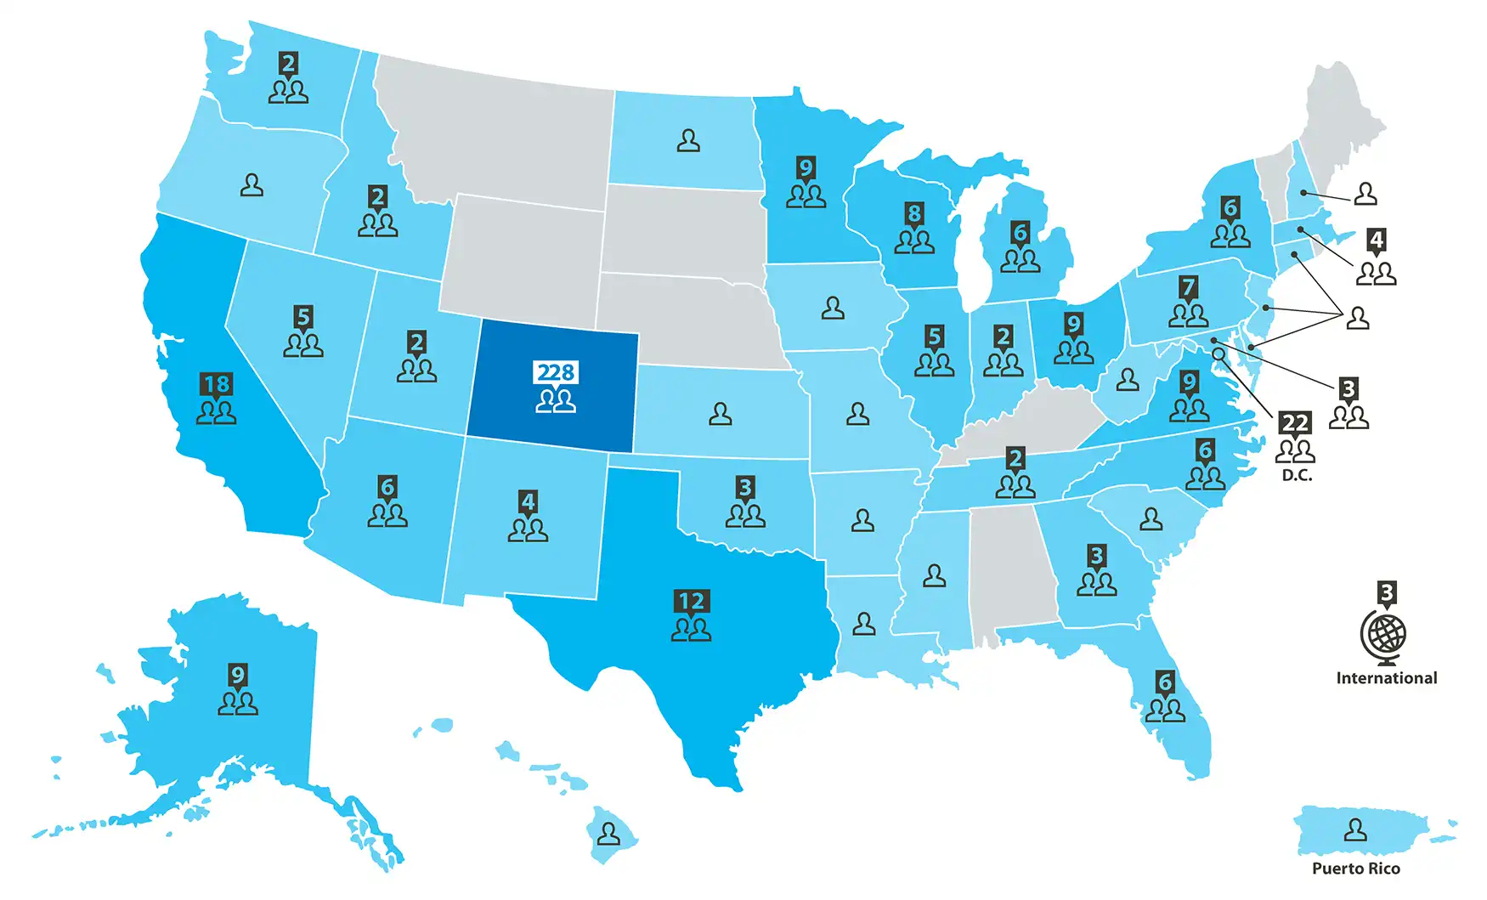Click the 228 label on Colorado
[557, 372]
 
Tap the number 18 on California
[216, 384]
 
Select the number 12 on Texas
[691, 602]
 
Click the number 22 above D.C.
[1295, 422]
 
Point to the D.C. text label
[1297, 476]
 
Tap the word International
[1386, 678]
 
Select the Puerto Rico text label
[1355, 869]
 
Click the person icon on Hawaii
[608, 833]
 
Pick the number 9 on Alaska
[238, 676]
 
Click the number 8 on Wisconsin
[914, 213]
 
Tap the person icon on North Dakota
[688, 140]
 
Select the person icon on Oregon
[252, 184]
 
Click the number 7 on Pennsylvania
[1189, 287]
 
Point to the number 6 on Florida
[1165, 682]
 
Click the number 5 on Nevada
[303, 317]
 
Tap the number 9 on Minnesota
[806, 167]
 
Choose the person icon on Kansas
[721, 414]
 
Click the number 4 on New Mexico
[528, 501]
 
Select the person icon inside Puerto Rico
[1355, 829]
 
